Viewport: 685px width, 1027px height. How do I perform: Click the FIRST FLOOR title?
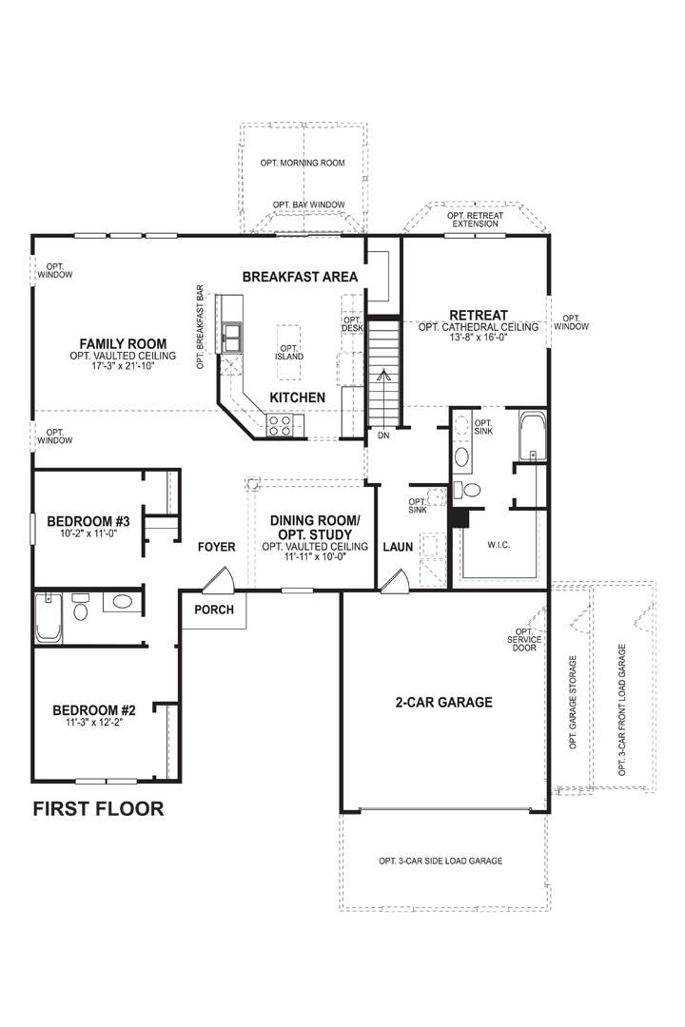coord(98,809)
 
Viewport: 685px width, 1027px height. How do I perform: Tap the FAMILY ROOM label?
coord(123,344)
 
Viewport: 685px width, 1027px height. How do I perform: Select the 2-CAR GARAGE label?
coord(443,703)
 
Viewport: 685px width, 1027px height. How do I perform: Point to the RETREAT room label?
coord(479,315)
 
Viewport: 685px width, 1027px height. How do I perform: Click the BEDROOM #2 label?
coord(94,710)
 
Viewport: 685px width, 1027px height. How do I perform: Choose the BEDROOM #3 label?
coord(88,521)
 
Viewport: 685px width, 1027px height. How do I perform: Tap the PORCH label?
coord(214,610)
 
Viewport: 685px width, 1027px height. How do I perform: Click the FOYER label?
coord(216,548)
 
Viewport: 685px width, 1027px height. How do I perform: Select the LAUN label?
coord(397,548)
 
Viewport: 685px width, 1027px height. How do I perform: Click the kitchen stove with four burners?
coord(281,425)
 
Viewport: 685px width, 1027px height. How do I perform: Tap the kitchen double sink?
coord(231,336)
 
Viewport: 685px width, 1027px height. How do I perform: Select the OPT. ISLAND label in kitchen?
coord(289,351)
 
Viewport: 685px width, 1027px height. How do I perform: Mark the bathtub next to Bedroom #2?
coord(48,618)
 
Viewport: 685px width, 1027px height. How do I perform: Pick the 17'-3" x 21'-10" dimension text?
coord(123,365)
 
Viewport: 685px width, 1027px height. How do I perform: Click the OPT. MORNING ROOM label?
coord(303,163)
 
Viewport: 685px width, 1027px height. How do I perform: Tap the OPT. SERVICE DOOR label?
coord(523,640)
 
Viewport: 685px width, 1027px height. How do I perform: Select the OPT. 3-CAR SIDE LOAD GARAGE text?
coord(440,861)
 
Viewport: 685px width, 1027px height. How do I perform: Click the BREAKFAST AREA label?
coord(300,277)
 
